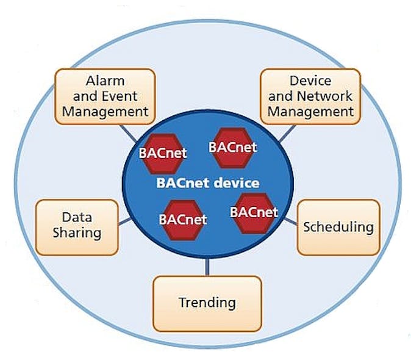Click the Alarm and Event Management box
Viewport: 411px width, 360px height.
coord(105,95)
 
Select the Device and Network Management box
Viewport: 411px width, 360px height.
coord(310,96)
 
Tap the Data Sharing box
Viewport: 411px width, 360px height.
coord(77,226)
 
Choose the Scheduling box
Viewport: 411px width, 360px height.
coord(338,227)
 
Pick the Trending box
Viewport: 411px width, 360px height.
coord(207,302)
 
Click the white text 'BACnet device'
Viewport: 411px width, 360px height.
coord(208,182)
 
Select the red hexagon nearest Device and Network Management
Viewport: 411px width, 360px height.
coord(232,148)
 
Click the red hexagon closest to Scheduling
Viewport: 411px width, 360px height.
coord(254,213)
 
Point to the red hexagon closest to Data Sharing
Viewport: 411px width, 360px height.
coord(182,219)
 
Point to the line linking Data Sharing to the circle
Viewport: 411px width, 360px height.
coord(124,220)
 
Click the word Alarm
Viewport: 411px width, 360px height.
coord(105,81)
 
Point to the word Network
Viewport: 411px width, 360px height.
coord(327,96)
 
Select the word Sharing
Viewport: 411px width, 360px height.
coord(77,233)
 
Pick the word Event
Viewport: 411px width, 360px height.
coord(120,96)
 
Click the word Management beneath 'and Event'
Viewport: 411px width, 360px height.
coord(105,111)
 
